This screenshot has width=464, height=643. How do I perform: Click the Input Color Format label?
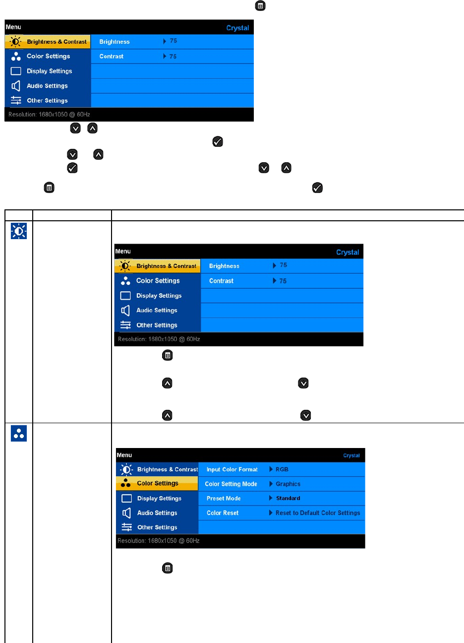coord(232,469)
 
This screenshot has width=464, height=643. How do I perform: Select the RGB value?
coord(282,469)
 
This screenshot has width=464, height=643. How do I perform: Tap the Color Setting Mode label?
coord(231,484)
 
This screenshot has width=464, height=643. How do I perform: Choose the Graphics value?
coord(288,484)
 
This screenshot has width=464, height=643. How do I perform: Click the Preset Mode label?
coord(224,498)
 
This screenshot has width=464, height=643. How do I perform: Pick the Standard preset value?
coord(288,498)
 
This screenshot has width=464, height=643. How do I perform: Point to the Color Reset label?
coord(223,513)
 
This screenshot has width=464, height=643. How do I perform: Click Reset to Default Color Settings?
coord(318,513)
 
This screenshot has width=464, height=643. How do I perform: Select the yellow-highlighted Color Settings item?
coord(157,483)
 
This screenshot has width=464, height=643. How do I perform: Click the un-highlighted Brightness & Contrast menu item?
coord(167,469)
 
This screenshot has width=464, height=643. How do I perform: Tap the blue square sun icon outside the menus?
coord(19,231)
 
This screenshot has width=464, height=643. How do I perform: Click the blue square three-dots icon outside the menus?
coord(19,434)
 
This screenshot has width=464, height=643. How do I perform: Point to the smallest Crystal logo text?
coord(351,455)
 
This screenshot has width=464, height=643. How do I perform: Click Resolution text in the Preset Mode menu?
coord(159,541)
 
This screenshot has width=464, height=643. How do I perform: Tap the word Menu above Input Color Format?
coord(124,455)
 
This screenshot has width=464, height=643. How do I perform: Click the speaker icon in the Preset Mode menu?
coord(126,513)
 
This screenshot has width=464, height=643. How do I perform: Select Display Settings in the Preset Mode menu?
coord(159,498)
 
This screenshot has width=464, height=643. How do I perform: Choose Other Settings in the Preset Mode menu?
coord(157,527)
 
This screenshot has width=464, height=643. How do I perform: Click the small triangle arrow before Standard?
coord(271,498)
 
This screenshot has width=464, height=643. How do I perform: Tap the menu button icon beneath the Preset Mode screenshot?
coord(168,568)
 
